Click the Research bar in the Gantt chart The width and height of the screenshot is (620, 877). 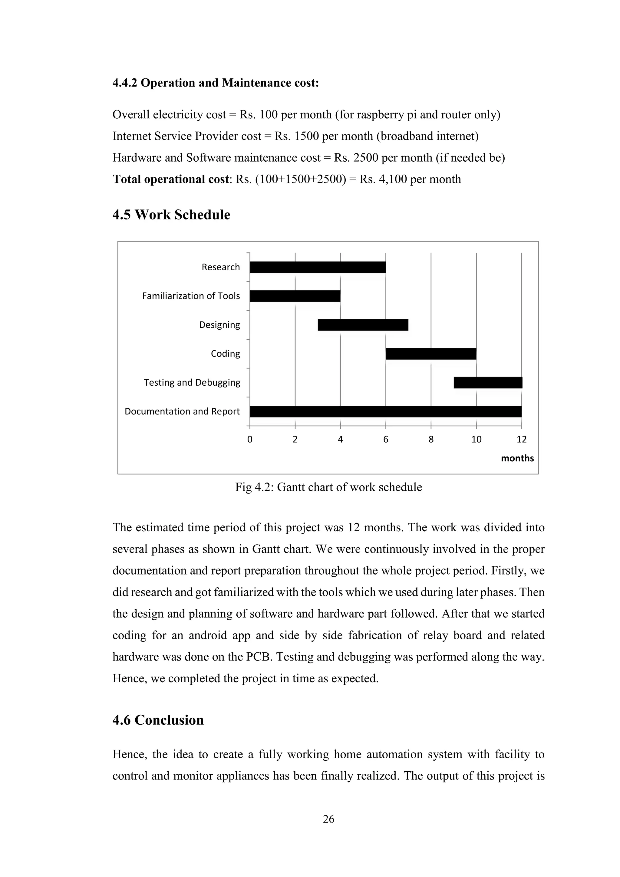(318, 267)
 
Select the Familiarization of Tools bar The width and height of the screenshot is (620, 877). (295, 296)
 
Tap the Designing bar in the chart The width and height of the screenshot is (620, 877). (363, 325)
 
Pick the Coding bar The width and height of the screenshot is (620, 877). (431, 354)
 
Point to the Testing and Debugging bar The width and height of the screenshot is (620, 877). (488, 382)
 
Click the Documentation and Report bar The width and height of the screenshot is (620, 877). (385, 411)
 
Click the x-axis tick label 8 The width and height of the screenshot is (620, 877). (431, 439)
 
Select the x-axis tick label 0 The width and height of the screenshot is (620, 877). (250, 439)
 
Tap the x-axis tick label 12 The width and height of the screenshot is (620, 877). (521, 439)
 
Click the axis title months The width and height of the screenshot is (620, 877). (517, 458)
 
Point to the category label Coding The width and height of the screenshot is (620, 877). (225, 354)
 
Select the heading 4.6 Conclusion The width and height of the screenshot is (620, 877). (158, 720)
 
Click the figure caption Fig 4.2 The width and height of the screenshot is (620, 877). (328, 487)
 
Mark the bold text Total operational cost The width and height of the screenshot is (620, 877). (170, 179)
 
